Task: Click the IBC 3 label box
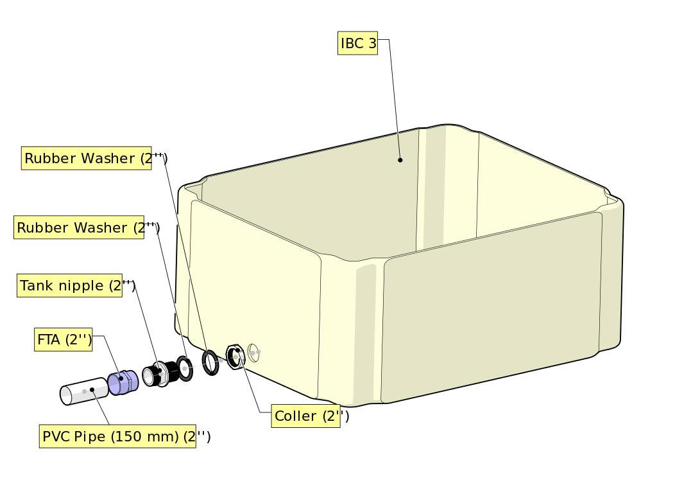(357, 44)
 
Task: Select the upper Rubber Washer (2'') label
(86, 158)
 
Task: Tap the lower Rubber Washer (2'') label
(78, 227)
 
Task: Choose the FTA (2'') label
(63, 340)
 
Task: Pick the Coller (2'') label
(305, 416)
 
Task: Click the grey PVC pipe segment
(82, 390)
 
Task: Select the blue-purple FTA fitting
(122, 383)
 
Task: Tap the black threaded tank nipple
(157, 373)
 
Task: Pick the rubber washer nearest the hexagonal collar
(210, 362)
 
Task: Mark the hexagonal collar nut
(235, 357)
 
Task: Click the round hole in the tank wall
(253, 351)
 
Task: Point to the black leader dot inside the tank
(400, 160)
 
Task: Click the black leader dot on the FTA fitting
(121, 379)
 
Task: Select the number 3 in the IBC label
(372, 44)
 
